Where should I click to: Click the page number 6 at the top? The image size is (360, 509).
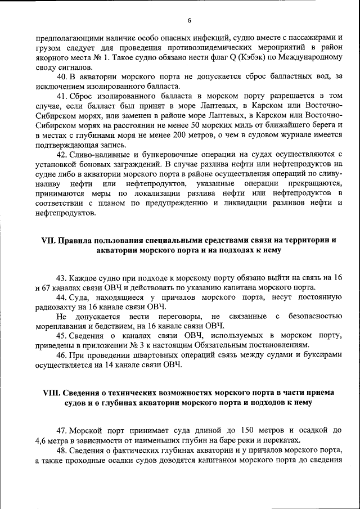[x=190, y=21]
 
